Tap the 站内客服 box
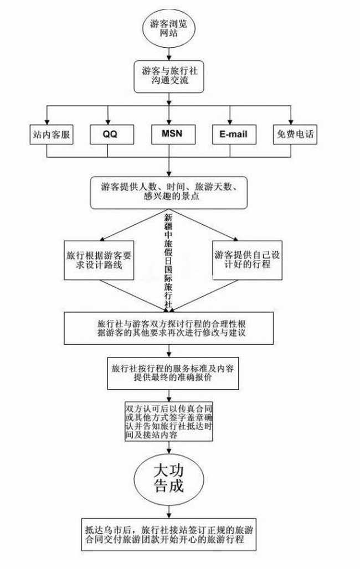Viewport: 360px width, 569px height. tap(52, 135)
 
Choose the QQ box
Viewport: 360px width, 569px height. tap(110, 135)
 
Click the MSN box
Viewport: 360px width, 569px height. tap(172, 135)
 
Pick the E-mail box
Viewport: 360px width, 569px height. tap(233, 135)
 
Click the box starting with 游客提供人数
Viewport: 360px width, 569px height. tap(169, 193)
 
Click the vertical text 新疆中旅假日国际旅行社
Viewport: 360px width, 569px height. tap(168, 260)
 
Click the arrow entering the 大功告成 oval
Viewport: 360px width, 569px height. tap(168, 448)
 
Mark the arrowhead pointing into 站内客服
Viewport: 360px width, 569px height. tap(48, 121)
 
